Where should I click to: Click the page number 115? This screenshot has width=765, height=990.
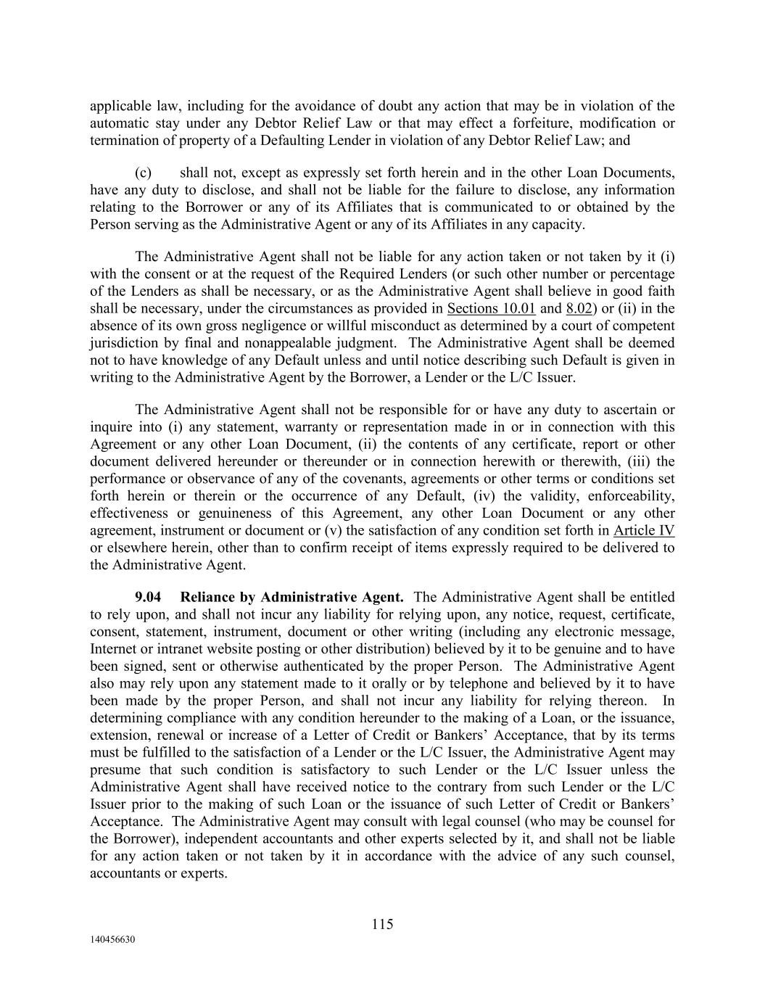(382, 924)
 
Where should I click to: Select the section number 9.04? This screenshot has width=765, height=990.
(148, 598)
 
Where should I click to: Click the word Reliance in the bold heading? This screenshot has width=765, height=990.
(207, 598)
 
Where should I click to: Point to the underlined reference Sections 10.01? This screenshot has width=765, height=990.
(492, 309)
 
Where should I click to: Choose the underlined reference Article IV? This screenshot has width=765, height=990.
(644, 530)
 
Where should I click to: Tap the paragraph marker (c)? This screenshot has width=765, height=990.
(144, 173)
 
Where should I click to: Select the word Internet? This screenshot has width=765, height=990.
(116, 649)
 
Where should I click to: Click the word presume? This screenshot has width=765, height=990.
(117, 770)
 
